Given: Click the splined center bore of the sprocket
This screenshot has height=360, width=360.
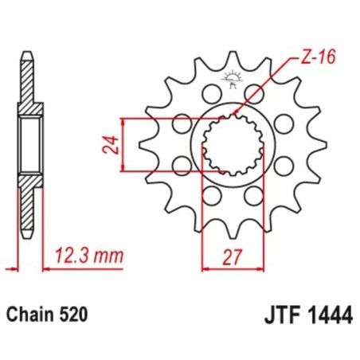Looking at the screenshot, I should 232,144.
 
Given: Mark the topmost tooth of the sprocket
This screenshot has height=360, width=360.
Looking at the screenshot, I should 233,60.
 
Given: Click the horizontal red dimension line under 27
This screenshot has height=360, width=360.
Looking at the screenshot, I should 232,268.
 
